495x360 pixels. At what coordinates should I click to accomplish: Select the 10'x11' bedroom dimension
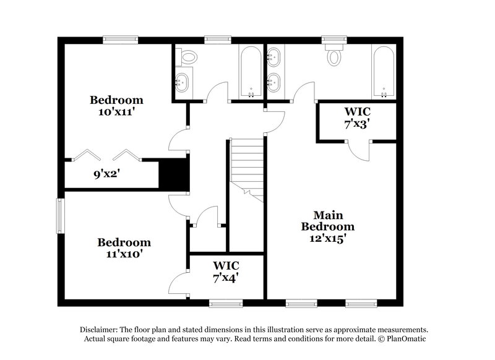116,113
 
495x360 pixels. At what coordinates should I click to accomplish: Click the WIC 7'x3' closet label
357,118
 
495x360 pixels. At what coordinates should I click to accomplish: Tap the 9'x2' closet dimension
106,174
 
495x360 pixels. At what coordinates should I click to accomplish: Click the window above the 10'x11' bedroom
120,40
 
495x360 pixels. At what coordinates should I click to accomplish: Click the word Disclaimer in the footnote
100,330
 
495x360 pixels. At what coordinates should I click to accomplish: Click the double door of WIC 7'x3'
358,144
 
